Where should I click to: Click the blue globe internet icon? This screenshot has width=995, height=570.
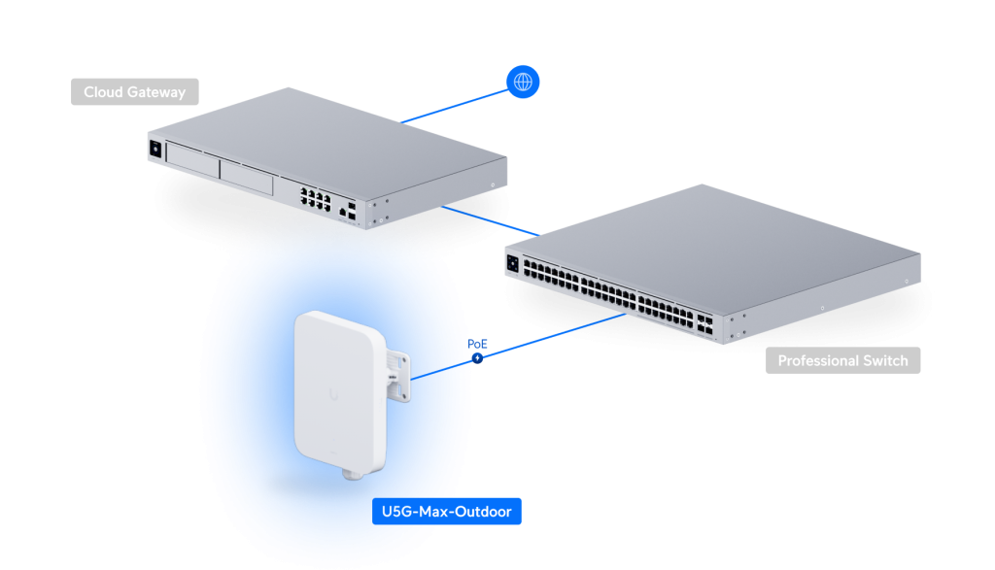click(x=523, y=82)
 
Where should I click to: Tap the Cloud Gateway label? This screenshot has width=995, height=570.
click(x=134, y=92)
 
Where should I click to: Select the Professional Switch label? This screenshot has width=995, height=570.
click(x=842, y=361)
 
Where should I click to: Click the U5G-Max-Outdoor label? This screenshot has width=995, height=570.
click(x=446, y=511)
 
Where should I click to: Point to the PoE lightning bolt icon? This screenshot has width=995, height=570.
click(x=478, y=358)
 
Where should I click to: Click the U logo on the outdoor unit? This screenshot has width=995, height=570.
click(x=334, y=393)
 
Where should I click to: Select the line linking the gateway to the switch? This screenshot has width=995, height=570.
click(x=491, y=220)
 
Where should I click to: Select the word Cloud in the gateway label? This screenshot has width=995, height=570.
click(x=102, y=92)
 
